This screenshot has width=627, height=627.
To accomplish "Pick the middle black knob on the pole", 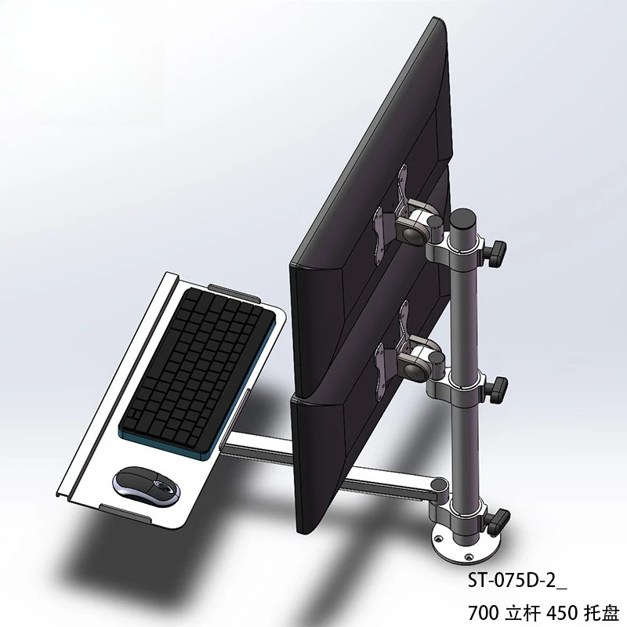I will pyautogui.click(x=498, y=386).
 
